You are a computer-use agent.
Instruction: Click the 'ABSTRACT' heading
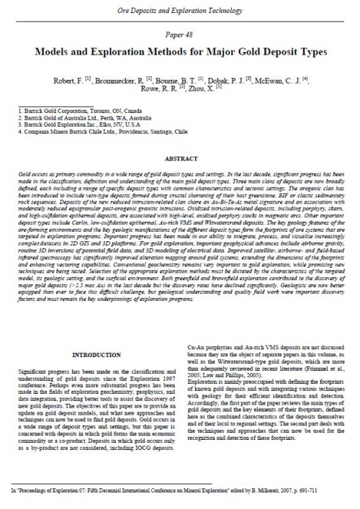click(x=179, y=158)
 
